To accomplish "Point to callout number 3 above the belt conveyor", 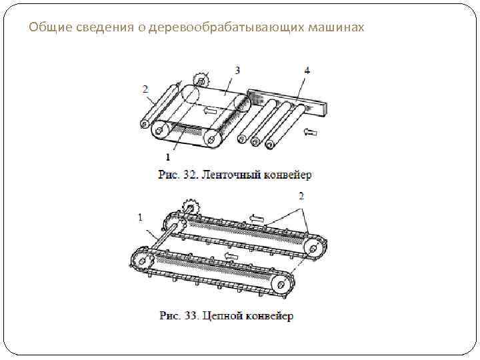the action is [x=237, y=69].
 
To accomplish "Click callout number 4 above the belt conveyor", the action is [x=307, y=71].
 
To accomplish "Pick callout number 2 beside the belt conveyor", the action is [x=145, y=89].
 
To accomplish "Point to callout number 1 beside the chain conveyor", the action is [x=140, y=217].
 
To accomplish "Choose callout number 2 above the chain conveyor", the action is [x=301, y=195].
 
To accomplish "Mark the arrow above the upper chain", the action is [x=257, y=217].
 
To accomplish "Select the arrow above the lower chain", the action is [x=232, y=255].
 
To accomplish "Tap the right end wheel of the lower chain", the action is [x=283, y=285].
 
